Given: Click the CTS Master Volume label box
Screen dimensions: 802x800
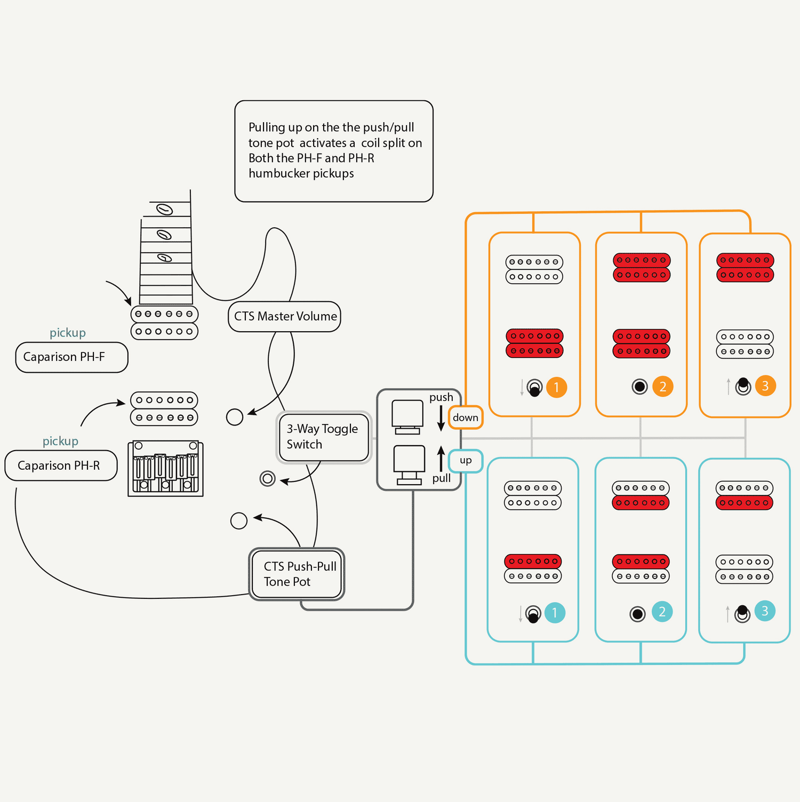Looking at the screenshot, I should [x=284, y=317].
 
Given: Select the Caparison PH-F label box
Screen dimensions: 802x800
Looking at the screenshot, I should [x=71, y=357].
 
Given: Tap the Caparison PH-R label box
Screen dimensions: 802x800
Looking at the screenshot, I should [x=61, y=466].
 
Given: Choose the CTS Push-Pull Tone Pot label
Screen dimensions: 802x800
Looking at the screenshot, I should [x=297, y=574].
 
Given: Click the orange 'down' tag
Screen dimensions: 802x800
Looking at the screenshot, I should [x=466, y=418].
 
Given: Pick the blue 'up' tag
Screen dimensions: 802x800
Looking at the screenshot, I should [x=466, y=461].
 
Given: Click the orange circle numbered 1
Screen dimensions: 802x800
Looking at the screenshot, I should [x=556, y=387].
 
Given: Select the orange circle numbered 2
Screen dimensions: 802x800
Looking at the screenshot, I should [x=663, y=387].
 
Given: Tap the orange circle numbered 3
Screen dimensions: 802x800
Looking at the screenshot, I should [x=765, y=386].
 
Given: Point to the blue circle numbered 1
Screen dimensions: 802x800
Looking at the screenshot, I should [x=555, y=613].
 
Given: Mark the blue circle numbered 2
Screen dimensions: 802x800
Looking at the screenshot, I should [x=662, y=612].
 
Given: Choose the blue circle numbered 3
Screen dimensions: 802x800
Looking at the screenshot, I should [x=765, y=611].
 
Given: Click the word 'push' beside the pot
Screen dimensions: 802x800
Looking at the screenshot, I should [x=441, y=397].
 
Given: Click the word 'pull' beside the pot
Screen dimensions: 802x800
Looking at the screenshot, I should [x=442, y=478].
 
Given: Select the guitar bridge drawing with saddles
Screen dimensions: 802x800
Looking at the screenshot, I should [x=165, y=469].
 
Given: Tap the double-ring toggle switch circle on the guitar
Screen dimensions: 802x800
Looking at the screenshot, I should [x=267, y=478].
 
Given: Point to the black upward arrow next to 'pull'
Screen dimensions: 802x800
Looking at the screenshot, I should [x=441, y=459].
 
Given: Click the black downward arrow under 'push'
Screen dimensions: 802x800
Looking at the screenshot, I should [x=441, y=418].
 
